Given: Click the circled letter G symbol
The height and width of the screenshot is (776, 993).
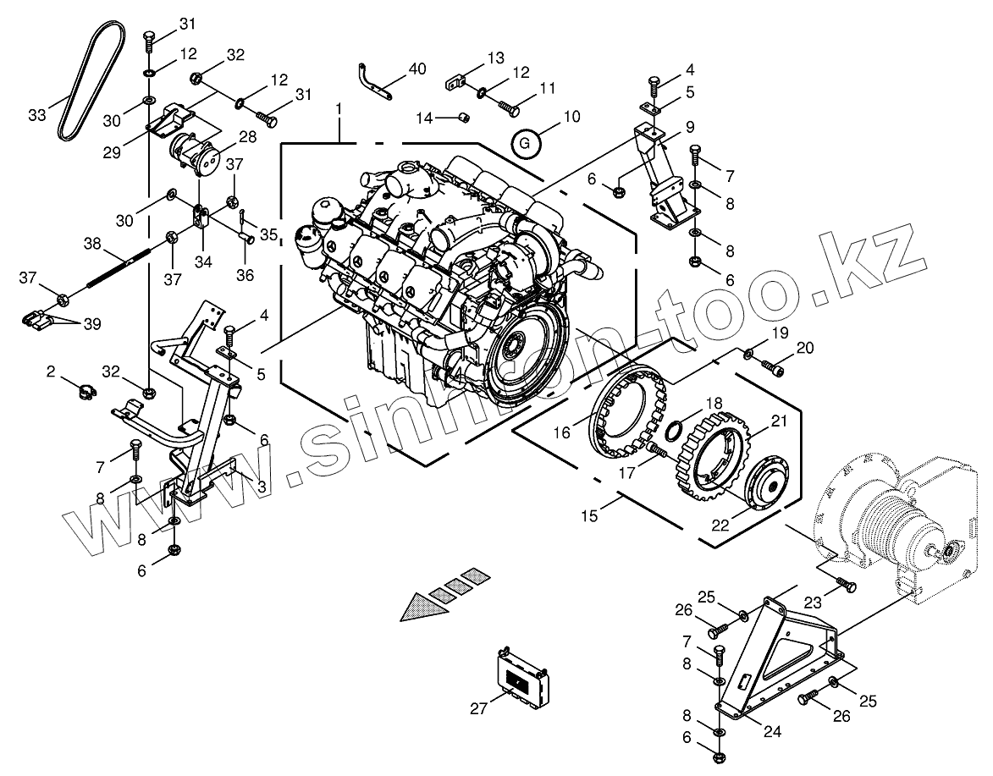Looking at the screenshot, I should point(526,142).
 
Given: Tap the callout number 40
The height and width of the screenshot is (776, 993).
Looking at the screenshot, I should point(417,69).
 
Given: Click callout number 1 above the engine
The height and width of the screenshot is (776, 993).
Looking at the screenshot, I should point(339,110).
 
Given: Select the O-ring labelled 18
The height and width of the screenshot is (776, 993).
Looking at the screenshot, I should point(676,431).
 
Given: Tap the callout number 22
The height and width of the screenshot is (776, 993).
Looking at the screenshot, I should point(720,526).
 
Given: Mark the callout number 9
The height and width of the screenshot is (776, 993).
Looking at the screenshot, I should point(690,127).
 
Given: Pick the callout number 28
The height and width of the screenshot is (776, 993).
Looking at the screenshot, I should point(248,137).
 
